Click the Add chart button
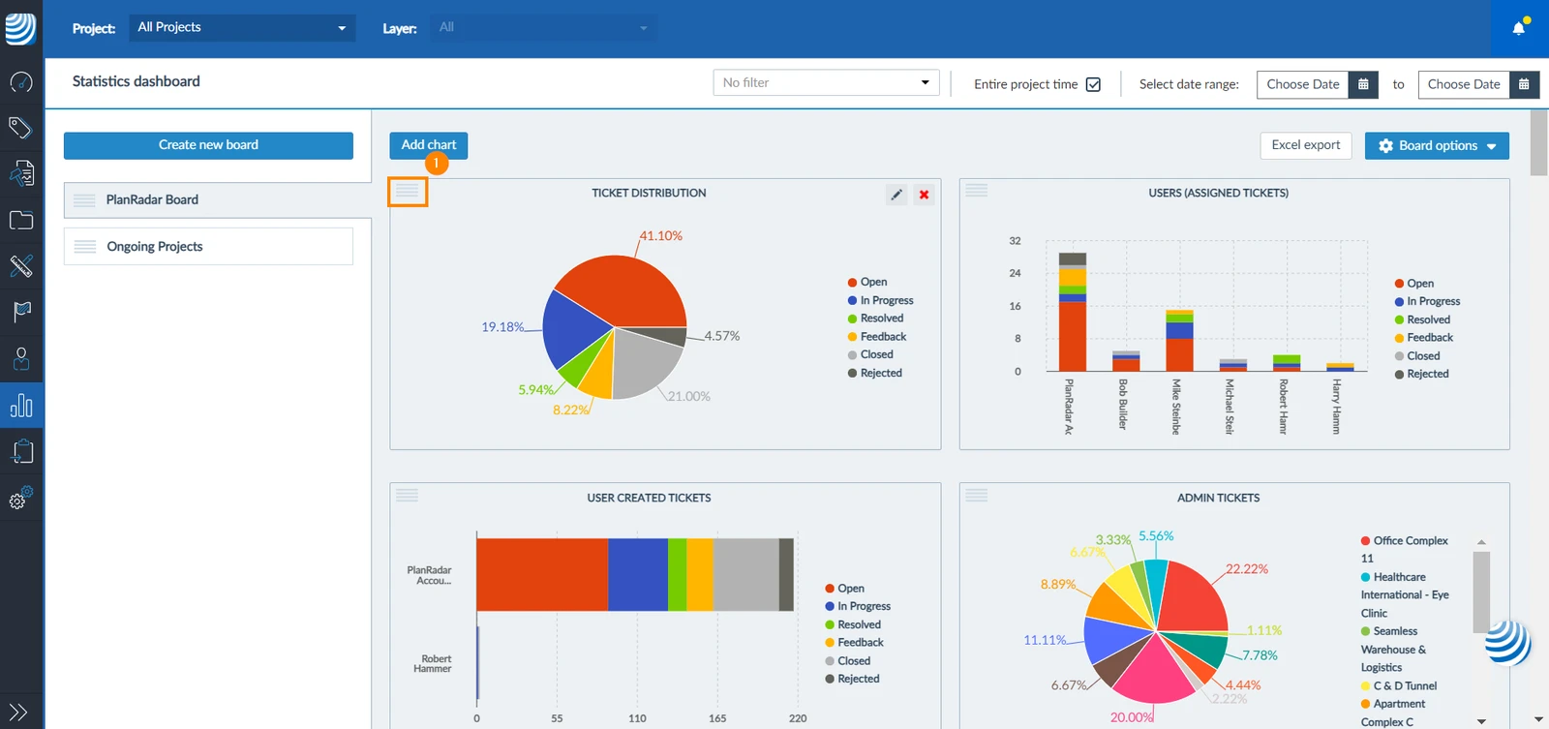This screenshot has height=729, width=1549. (428, 145)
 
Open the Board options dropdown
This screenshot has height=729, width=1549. (1437, 146)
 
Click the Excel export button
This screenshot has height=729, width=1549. (1305, 145)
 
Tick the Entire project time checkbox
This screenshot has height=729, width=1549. (1093, 84)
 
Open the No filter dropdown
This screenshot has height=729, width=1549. (826, 83)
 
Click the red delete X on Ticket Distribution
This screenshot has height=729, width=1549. (924, 195)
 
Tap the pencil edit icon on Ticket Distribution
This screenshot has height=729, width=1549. (896, 195)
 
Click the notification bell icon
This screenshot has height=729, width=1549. (1519, 28)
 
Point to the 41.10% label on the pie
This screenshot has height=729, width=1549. (660, 236)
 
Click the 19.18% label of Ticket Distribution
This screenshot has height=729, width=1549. (502, 326)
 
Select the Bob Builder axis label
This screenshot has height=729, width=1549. (1122, 404)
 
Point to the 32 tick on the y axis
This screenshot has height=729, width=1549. (1015, 241)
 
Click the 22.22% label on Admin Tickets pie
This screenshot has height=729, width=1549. (1247, 568)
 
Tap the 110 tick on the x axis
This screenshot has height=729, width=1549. (637, 718)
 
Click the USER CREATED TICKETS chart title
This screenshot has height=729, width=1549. (649, 498)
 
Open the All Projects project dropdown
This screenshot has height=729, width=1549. (242, 28)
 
